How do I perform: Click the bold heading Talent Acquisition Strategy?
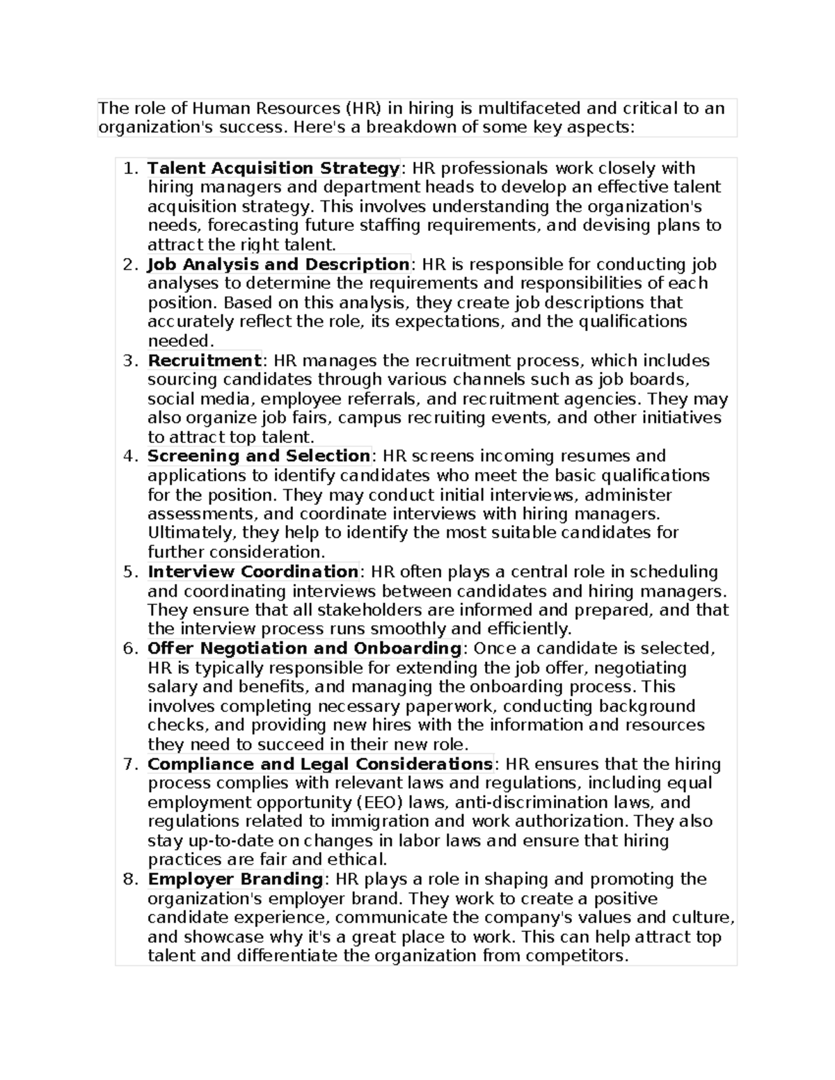click(273, 168)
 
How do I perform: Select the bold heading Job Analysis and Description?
click(278, 264)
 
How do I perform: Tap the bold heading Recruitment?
click(204, 360)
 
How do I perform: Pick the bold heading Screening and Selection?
click(259, 456)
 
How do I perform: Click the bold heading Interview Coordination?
click(253, 572)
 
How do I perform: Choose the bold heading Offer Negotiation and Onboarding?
click(304, 648)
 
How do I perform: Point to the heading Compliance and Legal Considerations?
click(320, 764)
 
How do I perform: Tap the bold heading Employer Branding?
click(235, 879)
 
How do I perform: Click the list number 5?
click(129, 572)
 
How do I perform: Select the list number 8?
click(129, 879)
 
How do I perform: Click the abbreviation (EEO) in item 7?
click(380, 803)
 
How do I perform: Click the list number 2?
click(129, 264)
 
